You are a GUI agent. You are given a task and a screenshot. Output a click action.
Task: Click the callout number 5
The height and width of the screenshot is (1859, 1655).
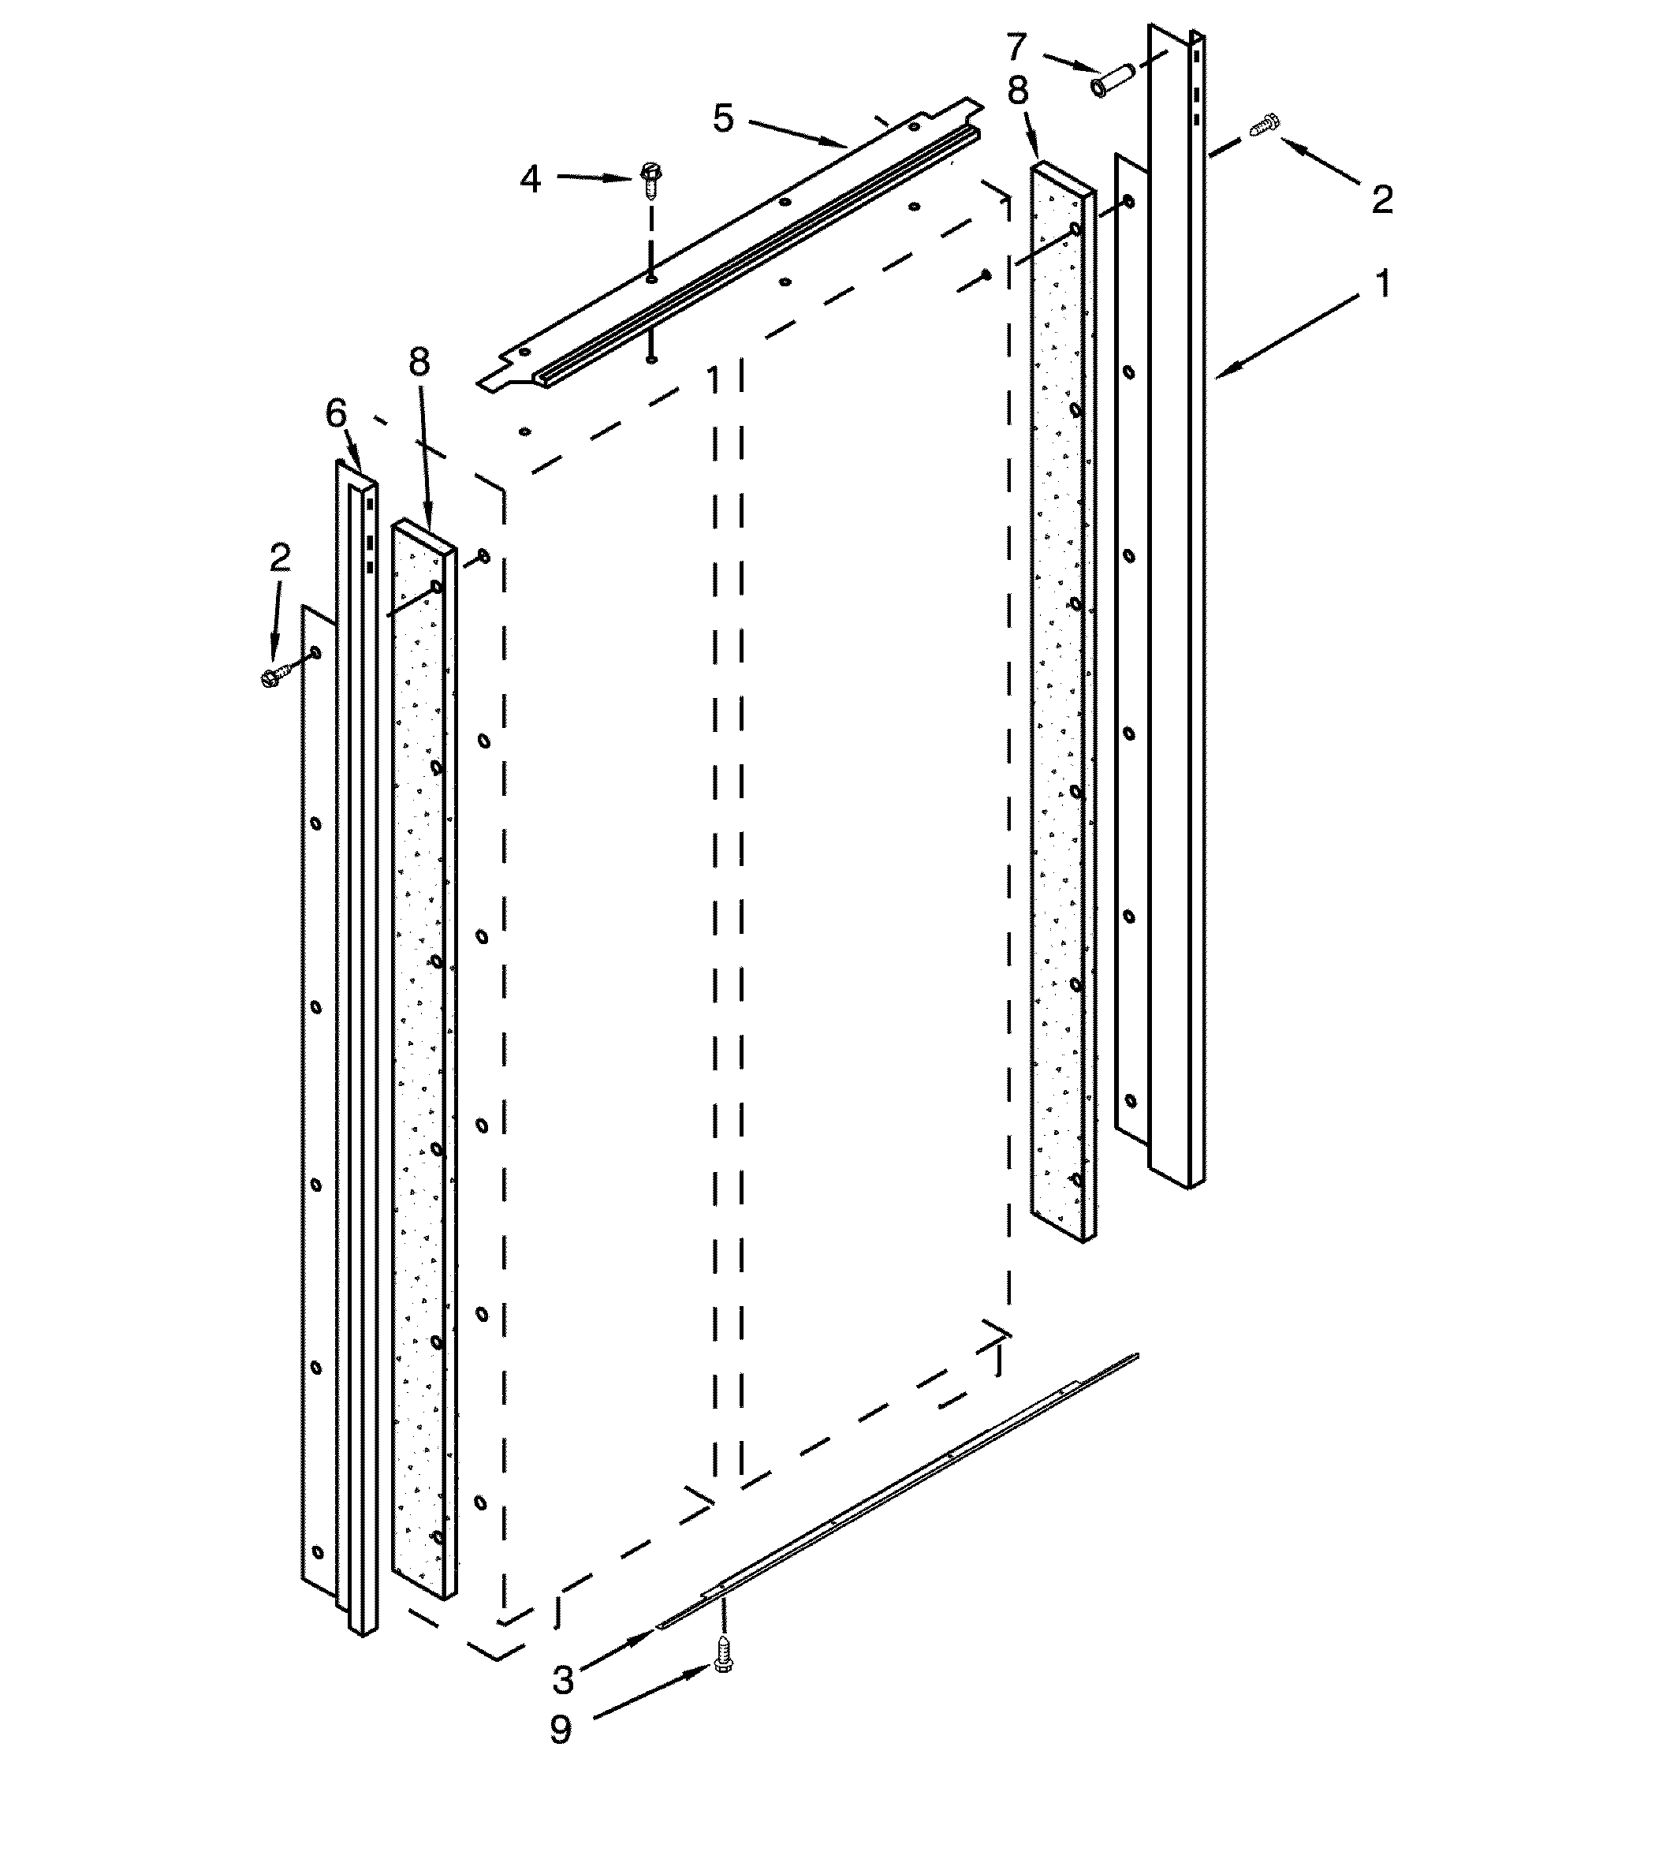coord(723,118)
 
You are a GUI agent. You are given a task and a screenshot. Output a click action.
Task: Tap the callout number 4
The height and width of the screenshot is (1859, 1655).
coord(530,179)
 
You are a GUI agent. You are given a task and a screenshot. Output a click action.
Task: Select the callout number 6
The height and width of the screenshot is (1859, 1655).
coord(337,415)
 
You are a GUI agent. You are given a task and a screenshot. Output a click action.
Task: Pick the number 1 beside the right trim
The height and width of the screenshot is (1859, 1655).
coord(1382,285)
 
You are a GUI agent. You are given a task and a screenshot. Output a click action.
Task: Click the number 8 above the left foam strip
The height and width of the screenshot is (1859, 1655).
coord(419,363)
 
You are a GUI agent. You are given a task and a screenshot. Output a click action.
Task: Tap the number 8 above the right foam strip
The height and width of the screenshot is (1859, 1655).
coord(1018,91)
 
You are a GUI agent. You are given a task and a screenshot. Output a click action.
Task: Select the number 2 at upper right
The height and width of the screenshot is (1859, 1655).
coord(1382,200)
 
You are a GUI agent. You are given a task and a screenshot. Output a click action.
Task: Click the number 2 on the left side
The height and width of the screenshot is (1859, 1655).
coord(280,558)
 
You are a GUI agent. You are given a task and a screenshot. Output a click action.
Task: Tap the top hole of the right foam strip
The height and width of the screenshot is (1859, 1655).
coord(1075,230)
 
